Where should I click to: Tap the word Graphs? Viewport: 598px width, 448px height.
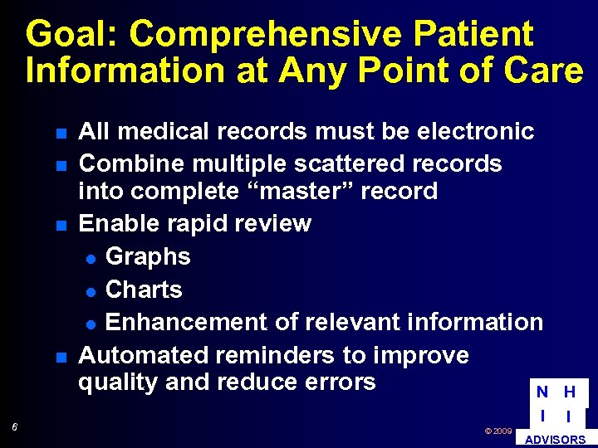148,256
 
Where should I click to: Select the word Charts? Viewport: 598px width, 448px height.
144,290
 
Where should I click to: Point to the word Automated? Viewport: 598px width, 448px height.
143,355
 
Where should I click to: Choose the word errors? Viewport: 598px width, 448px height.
340,382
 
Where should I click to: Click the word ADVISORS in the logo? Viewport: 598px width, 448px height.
556,440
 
